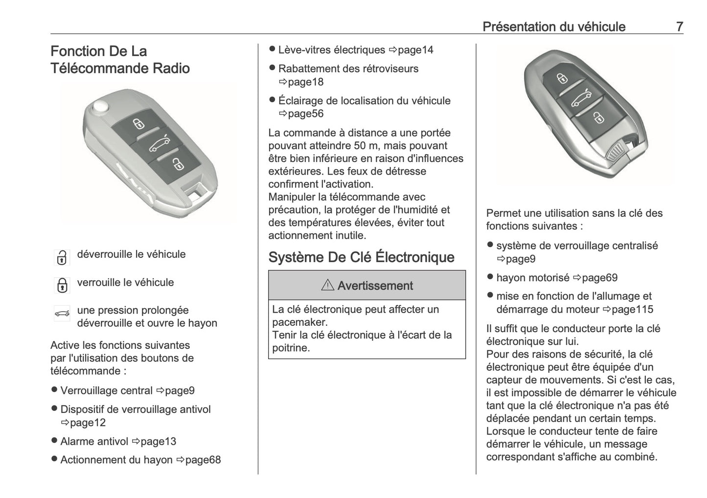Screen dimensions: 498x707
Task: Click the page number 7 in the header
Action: click(x=679, y=26)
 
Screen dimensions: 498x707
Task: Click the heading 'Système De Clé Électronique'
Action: click(x=361, y=257)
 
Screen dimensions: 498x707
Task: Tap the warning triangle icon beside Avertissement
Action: click(x=327, y=285)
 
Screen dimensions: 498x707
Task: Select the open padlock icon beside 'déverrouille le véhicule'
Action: click(x=62, y=257)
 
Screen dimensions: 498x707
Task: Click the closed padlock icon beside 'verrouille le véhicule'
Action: click(x=62, y=285)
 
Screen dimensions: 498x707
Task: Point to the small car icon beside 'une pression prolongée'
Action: click(x=62, y=314)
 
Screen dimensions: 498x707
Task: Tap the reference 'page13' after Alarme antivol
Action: click(x=158, y=441)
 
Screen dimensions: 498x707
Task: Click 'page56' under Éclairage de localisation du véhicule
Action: click(x=305, y=113)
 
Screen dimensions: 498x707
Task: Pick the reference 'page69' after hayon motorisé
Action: click(x=599, y=278)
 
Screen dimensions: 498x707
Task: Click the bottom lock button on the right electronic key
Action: click(x=597, y=117)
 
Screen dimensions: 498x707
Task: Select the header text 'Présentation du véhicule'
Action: click(x=553, y=26)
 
